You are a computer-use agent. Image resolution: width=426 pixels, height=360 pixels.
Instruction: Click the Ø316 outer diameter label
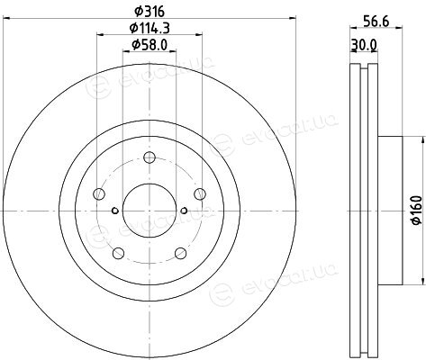pos(150,12)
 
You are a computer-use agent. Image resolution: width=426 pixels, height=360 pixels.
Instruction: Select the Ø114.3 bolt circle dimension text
pos(150,28)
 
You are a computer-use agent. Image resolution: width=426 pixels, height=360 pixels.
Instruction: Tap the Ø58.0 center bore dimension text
pos(150,45)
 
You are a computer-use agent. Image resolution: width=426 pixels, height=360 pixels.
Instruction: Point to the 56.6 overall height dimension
pos(376,22)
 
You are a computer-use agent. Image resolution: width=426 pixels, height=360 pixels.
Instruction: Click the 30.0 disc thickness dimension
pos(364,45)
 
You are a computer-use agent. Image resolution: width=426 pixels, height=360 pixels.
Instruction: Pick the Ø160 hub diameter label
pos(417,210)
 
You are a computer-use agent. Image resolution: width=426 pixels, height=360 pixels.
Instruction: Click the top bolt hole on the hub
pos(150,157)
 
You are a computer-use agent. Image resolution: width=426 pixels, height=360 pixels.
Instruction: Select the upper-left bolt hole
pos(99,194)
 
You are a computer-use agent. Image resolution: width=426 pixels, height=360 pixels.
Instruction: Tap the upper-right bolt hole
pos(200,194)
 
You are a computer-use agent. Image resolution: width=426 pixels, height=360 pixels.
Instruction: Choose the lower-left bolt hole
pos(118,253)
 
